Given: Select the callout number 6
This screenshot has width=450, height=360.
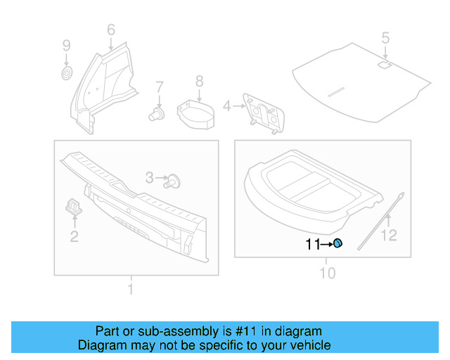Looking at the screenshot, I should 110,30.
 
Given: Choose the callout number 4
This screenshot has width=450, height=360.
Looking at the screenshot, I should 226,106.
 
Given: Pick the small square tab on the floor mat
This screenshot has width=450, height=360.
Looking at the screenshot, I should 385,65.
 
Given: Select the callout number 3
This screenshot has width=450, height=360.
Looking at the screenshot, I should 149,179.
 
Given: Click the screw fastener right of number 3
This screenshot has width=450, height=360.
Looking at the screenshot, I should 174,181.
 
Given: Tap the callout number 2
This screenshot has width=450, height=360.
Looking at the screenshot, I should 74,237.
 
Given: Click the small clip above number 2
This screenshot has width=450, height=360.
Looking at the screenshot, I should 73,205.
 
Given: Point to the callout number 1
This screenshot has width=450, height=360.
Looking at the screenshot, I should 130,288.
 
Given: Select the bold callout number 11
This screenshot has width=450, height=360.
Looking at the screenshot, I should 312,245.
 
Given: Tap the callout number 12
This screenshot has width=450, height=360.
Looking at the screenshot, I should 388,236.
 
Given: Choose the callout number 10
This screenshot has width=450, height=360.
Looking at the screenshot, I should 328,272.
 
